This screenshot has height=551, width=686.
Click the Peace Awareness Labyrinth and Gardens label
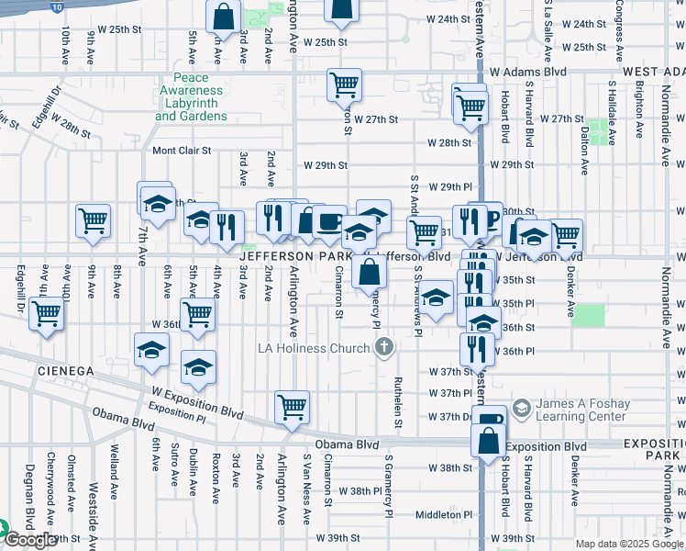coord(190,98)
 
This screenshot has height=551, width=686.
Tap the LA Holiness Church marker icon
coord(385,347)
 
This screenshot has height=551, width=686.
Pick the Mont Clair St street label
coord(182,151)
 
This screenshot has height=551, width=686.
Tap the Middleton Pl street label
coord(443,515)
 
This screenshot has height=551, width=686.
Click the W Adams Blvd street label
coord(527,72)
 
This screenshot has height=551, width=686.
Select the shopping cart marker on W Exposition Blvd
coord(292,406)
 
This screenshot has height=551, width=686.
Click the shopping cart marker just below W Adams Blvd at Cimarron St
coord(344,84)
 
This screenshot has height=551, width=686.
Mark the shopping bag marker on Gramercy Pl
coord(369,272)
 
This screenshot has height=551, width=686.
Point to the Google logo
coord(30,541)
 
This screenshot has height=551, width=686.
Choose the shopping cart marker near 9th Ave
coord(93,220)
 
